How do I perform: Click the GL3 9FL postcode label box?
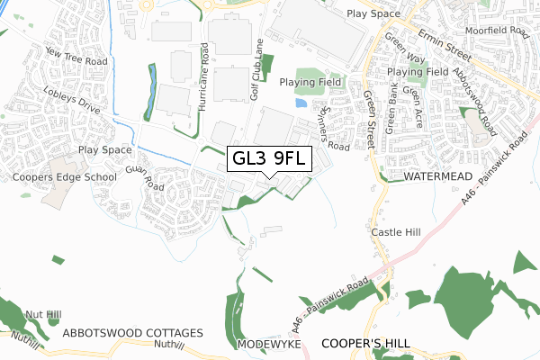click(271, 159)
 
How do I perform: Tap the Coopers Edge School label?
click(65, 177)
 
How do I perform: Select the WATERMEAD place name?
click(437, 177)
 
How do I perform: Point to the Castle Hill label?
click(396, 232)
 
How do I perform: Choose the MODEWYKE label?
click(267, 345)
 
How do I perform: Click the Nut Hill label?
click(43, 314)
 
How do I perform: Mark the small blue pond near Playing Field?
click(301, 103)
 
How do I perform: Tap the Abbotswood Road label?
click(472, 99)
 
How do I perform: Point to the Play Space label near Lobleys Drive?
click(104, 149)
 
